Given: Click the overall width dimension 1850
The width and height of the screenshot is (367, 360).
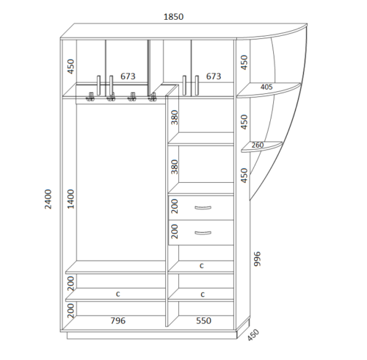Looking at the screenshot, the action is (173, 17).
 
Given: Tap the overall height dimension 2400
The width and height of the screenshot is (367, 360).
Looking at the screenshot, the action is (48, 199).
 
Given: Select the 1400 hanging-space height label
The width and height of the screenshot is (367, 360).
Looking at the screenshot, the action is (70, 199).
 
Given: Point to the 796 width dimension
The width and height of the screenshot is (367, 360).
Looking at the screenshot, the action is (118, 320).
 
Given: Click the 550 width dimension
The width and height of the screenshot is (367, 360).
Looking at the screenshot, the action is (203, 320).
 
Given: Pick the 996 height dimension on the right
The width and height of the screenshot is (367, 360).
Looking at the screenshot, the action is (257, 259).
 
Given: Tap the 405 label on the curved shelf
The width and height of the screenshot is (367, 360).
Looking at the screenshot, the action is (266, 87).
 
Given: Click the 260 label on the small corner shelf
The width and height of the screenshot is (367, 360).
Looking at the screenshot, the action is (258, 145).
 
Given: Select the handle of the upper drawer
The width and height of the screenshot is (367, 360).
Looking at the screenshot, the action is (203, 208).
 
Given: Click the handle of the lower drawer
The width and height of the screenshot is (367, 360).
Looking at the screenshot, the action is (203, 233).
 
